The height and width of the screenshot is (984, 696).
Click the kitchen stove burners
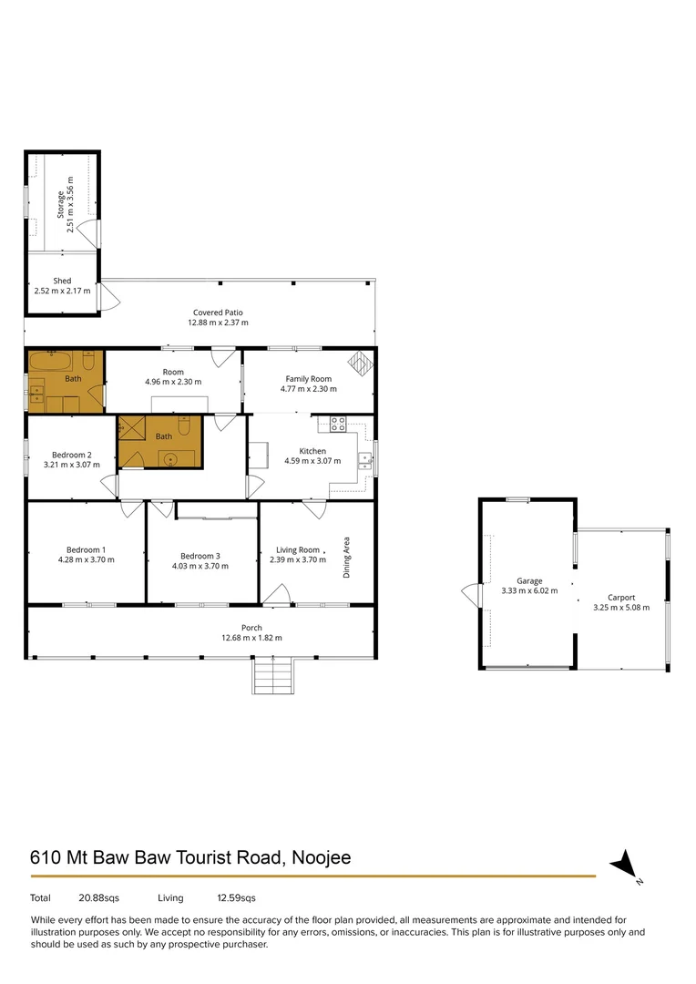(x=338, y=423)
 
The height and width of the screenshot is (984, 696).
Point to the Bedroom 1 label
(x=86, y=549)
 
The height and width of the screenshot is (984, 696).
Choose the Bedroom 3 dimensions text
(x=200, y=566)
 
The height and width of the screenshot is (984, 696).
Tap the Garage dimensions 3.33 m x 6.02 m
(x=529, y=590)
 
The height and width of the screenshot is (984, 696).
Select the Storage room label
(x=60, y=204)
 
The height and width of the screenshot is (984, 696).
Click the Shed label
(x=62, y=281)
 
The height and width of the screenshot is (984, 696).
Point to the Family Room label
(x=308, y=378)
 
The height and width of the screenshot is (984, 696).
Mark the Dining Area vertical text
(x=346, y=558)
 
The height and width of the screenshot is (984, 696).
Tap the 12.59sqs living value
(x=236, y=897)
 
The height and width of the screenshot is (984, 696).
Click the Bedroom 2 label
(x=71, y=455)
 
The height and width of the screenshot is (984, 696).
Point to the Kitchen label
(x=312, y=450)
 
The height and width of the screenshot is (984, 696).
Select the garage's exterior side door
(x=470, y=596)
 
